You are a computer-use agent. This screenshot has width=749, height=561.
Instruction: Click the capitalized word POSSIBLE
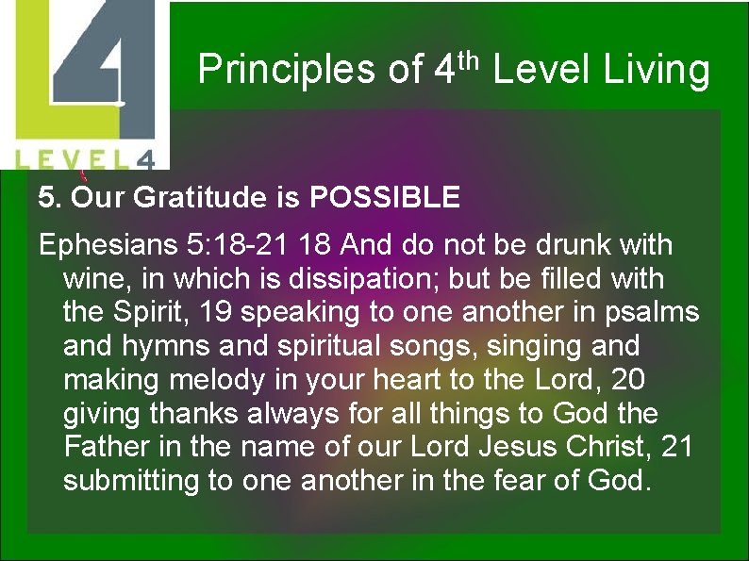pyautogui.click(x=385, y=198)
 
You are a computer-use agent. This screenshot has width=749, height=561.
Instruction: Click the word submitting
pyautogui.click(x=129, y=481)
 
